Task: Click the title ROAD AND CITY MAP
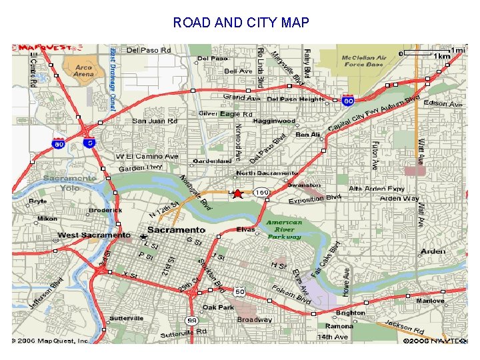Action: [x=241, y=23]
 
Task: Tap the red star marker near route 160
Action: [x=238, y=193]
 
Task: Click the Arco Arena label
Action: [x=83, y=71]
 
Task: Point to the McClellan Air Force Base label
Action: [x=364, y=61]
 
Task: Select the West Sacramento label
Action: [x=94, y=235]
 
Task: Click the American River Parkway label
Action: [x=285, y=229]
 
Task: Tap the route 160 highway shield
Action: [x=261, y=193]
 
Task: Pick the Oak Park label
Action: [x=218, y=307]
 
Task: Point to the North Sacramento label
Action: [x=268, y=173]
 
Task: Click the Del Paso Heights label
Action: [x=295, y=99]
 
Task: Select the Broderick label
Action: [x=105, y=210]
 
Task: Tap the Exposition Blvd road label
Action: [x=315, y=199]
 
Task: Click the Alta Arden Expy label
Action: [x=377, y=189]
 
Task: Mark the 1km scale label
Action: [x=441, y=57]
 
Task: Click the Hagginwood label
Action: [x=274, y=121]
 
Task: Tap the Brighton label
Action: [x=350, y=313]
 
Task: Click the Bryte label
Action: [x=38, y=201]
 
